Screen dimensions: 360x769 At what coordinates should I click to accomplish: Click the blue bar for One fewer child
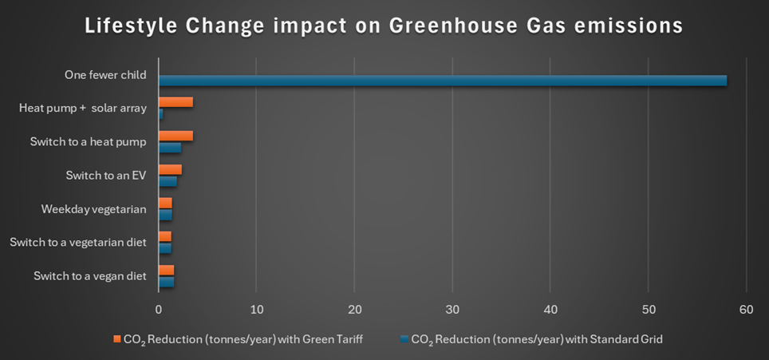pyautogui.click(x=443, y=80)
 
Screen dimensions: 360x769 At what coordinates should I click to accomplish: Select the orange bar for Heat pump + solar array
pyautogui.click(x=175, y=102)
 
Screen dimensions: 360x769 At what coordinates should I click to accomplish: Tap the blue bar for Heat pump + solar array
pyautogui.click(x=160, y=114)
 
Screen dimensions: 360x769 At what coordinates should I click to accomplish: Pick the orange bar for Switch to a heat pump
pyautogui.click(x=175, y=136)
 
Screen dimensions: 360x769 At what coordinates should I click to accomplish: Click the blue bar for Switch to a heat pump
pyautogui.click(x=170, y=148)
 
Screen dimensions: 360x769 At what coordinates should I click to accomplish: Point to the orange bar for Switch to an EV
pyautogui.click(x=170, y=169)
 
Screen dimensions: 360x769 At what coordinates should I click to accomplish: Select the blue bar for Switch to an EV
pyautogui.click(x=168, y=181)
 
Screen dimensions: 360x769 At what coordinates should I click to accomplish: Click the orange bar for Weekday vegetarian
pyautogui.click(x=165, y=203)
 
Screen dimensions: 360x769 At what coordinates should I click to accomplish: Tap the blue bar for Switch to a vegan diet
pyautogui.click(x=166, y=282)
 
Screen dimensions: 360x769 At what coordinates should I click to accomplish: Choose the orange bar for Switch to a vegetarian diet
pyautogui.click(x=164, y=236)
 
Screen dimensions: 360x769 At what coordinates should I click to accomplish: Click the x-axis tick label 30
pyautogui.click(x=452, y=309)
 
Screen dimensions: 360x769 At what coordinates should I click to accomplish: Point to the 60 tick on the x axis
pyautogui.click(x=746, y=309)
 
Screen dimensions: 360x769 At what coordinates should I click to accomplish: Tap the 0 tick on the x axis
pyautogui.click(x=158, y=309)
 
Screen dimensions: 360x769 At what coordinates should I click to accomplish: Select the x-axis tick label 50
pyautogui.click(x=648, y=309)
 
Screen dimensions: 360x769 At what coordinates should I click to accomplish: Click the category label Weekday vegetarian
pyautogui.click(x=93, y=209)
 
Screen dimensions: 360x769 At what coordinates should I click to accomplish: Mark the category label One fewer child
pyautogui.click(x=105, y=75)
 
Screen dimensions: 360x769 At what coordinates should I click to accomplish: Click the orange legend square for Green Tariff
pyautogui.click(x=116, y=339)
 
